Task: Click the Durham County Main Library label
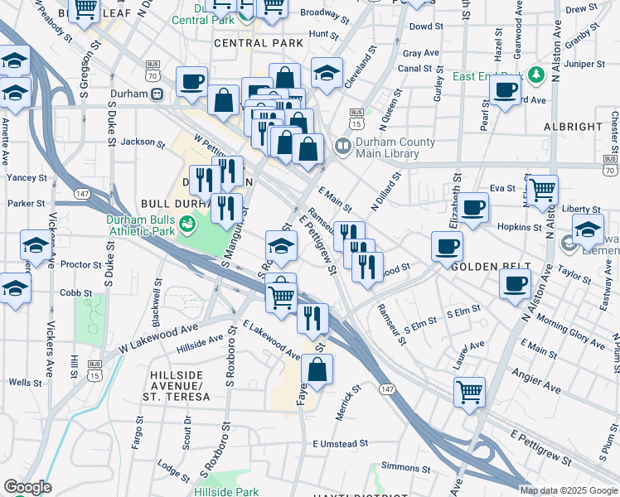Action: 395,147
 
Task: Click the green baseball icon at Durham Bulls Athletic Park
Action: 187,223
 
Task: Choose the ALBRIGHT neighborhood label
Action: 573,127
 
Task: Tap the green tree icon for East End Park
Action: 536,75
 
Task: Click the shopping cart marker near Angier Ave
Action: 470,390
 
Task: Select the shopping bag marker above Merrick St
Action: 317,369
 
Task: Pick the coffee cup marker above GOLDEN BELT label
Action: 447,245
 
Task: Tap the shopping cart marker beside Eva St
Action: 542,190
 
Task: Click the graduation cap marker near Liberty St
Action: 588,229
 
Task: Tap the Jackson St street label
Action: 143,142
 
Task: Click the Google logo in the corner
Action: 27,487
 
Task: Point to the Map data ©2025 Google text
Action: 568,490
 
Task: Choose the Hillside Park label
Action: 235,491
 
